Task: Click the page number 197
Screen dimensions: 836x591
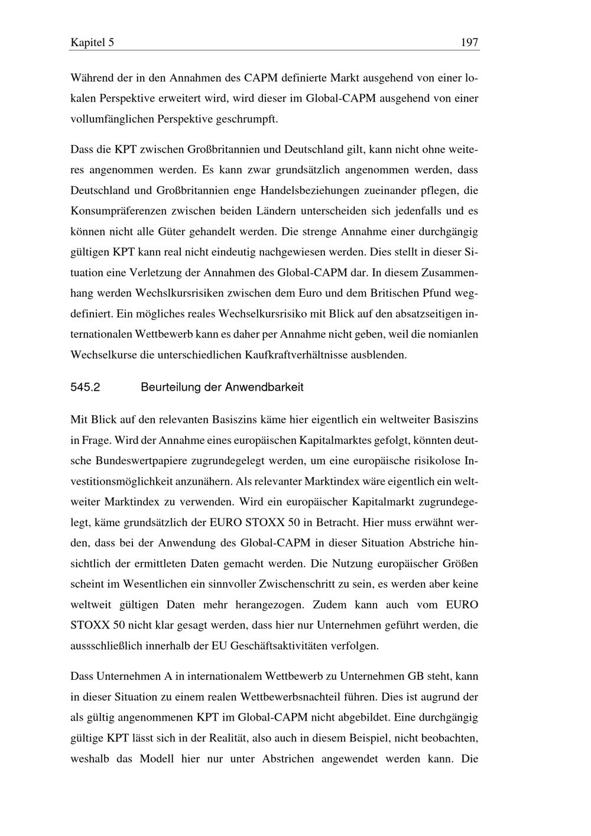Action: coord(469,43)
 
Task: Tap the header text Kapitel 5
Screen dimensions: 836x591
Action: coord(92,43)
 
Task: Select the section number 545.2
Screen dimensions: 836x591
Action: coord(85,388)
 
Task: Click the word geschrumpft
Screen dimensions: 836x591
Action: coord(247,119)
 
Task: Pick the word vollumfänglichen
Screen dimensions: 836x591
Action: coord(112,119)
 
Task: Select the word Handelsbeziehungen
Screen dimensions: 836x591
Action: coord(308,190)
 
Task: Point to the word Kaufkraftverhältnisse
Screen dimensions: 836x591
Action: coord(319,355)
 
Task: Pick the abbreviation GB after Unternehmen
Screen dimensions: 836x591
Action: coord(415,676)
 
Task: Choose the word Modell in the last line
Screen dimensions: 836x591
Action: coord(157,759)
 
